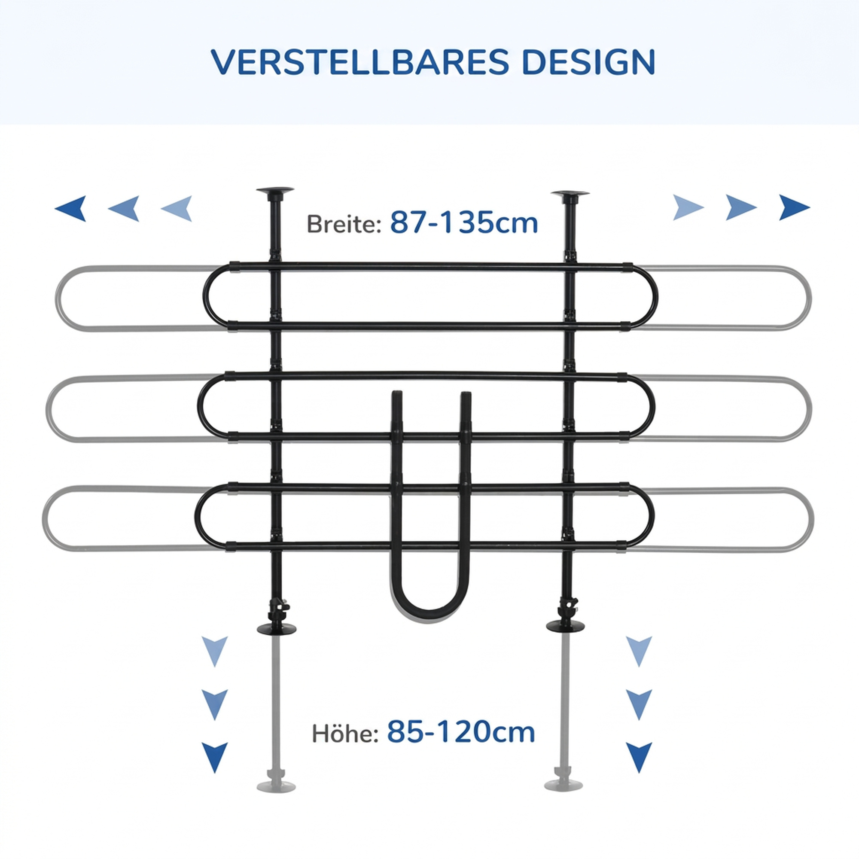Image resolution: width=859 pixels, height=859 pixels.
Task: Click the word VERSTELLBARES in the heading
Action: coord(359,62)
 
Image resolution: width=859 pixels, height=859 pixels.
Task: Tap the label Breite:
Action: coord(344,224)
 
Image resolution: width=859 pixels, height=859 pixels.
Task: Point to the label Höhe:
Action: coord(345,733)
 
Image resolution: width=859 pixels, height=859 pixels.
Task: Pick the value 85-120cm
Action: coord(461,731)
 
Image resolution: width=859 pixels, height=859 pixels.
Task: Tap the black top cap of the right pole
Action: coord(570,194)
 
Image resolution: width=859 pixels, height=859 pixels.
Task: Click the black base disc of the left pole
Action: coord(277,629)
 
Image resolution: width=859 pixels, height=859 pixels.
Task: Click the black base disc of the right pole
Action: coord(566,626)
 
